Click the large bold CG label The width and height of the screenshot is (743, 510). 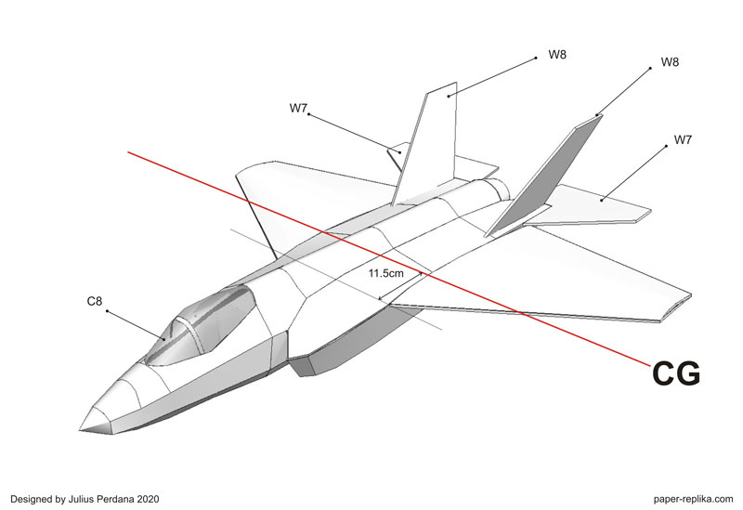coord(676,373)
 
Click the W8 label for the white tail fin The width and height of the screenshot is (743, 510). coord(557,54)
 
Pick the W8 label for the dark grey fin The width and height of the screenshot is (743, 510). coord(669,62)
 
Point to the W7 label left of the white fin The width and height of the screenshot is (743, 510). coord(298,109)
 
